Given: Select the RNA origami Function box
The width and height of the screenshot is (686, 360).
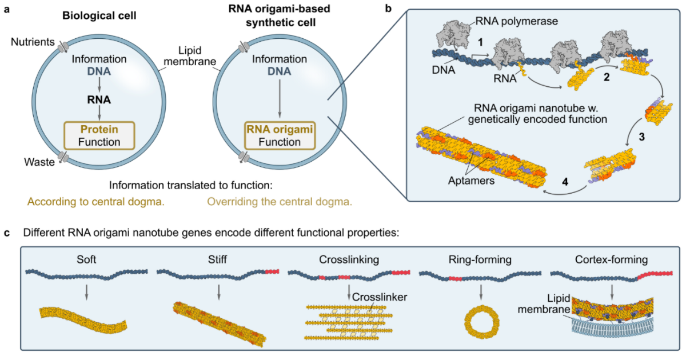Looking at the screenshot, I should pos(280,135).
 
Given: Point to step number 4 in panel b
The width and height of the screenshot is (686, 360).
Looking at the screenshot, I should pos(565,182).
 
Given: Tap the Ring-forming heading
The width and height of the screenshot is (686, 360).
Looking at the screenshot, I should pos(481,260).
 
